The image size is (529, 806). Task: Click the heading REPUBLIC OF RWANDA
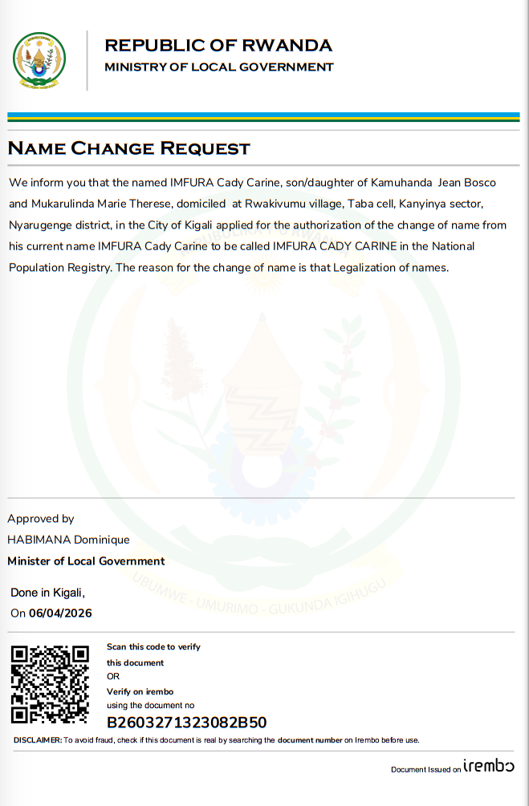click(218, 45)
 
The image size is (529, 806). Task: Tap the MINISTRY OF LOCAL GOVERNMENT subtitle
click(218, 67)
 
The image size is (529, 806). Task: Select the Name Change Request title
click(129, 148)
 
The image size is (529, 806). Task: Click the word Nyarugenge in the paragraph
click(39, 225)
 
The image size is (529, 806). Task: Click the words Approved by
click(41, 519)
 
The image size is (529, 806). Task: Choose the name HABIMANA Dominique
click(68, 540)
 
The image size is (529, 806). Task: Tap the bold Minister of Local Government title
click(86, 561)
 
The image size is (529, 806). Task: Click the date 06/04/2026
click(60, 614)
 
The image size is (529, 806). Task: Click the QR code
click(49, 684)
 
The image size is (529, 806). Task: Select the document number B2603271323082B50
click(186, 723)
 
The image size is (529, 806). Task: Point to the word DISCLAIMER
click(37, 740)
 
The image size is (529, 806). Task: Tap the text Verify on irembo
click(140, 691)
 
